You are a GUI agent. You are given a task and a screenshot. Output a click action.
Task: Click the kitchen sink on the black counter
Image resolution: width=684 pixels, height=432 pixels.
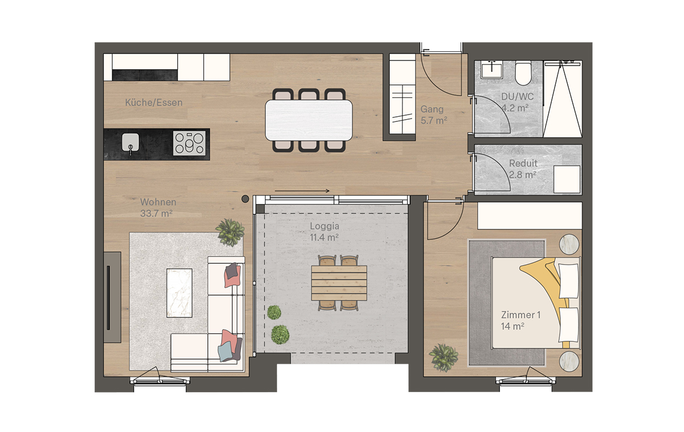(131, 142)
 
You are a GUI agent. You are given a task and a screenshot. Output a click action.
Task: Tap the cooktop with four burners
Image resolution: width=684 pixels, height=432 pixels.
(189, 143)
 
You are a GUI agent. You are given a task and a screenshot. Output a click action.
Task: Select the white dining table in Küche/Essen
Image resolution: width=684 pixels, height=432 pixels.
(309, 120)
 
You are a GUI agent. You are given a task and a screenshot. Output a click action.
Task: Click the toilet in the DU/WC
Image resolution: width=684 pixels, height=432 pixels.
(523, 72)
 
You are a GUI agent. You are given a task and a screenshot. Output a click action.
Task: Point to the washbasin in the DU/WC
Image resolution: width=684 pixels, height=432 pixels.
(491, 70)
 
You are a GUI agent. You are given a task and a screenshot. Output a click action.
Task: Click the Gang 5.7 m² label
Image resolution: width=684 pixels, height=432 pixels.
(434, 115)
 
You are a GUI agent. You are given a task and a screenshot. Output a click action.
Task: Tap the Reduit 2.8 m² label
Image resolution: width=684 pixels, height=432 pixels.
(523, 169)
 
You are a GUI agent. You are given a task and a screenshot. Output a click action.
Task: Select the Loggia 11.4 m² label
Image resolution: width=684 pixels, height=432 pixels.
(324, 232)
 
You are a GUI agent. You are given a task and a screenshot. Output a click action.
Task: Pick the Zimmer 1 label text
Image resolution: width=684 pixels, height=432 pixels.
(520, 315)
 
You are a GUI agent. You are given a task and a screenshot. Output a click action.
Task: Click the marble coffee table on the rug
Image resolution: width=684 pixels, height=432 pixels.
(179, 293)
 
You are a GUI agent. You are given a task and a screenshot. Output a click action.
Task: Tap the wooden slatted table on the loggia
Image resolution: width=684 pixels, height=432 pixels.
(339, 283)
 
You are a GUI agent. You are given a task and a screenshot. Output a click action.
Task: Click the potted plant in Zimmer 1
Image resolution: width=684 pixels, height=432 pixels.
(443, 357)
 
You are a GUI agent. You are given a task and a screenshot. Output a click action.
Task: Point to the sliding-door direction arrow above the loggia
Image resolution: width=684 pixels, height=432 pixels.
(302, 191)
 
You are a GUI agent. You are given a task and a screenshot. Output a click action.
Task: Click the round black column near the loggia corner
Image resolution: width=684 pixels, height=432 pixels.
(245, 199)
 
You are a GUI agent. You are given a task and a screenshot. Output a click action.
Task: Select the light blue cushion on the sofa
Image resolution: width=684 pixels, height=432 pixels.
(225, 351)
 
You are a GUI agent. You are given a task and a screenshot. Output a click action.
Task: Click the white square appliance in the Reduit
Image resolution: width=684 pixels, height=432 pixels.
(567, 179)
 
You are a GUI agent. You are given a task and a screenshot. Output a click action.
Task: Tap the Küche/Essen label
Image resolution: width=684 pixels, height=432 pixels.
(154, 103)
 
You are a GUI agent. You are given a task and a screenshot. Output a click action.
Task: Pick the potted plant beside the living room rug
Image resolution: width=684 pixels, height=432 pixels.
(230, 232)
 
